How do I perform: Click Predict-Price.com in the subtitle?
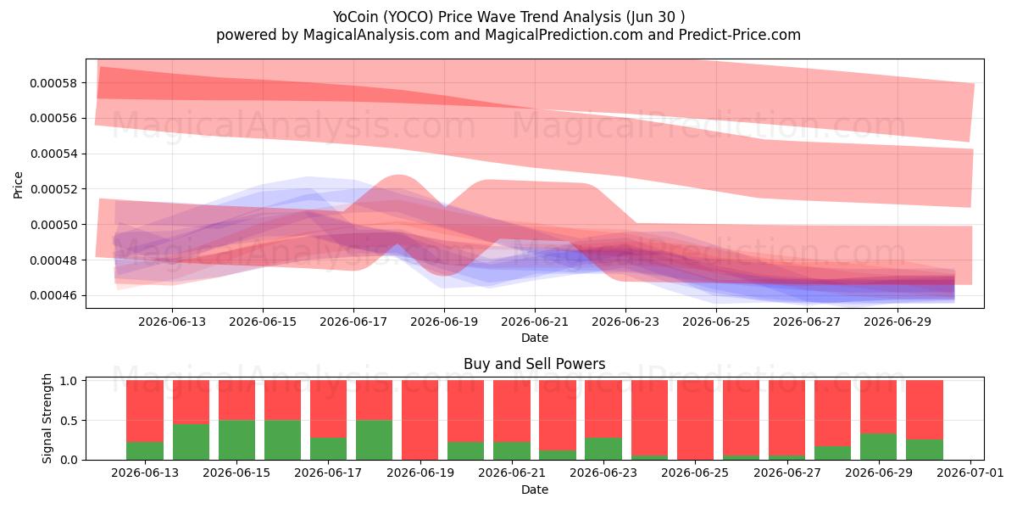(740, 35)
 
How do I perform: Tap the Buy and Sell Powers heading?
(535, 364)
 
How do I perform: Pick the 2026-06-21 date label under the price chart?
(535, 322)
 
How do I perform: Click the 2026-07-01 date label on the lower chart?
(970, 473)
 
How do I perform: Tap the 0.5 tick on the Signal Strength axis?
(69, 421)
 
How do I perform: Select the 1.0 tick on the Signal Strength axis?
(69, 380)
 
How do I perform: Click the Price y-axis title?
(18, 185)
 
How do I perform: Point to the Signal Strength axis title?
(47, 418)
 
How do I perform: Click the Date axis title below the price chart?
(535, 338)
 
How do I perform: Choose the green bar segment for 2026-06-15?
(236, 440)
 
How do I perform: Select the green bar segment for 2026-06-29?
(879, 447)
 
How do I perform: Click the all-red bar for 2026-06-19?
(420, 420)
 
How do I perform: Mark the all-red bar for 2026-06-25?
(695, 420)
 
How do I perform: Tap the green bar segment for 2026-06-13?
(145, 450)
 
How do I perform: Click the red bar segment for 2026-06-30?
(925, 410)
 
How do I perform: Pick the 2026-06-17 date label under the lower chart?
(328, 473)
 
